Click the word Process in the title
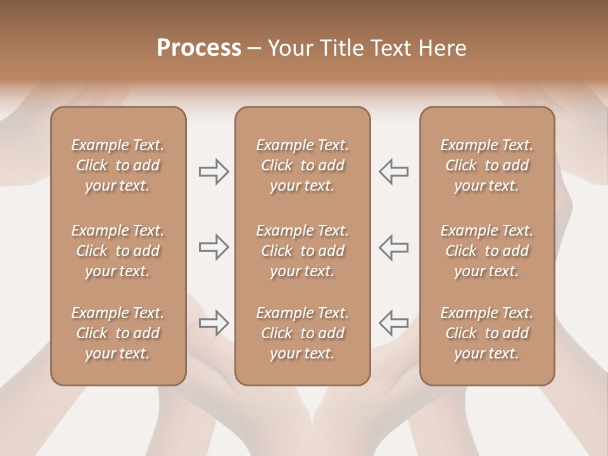click(x=199, y=48)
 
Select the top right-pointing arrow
click(x=214, y=171)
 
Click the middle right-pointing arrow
click(x=214, y=247)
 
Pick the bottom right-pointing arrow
click(x=214, y=323)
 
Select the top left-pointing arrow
click(x=393, y=171)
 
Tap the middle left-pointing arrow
click(x=393, y=247)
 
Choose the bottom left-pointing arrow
click(x=393, y=323)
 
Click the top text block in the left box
click(x=118, y=165)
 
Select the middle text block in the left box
click(x=118, y=251)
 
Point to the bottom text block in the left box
click(x=118, y=333)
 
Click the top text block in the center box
click(x=302, y=165)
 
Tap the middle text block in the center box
click(x=302, y=251)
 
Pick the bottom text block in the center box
click(x=302, y=333)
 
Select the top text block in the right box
click(x=486, y=165)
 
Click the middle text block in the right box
click(x=486, y=251)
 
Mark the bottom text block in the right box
click(x=486, y=333)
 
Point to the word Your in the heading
click(x=289, y=48)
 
